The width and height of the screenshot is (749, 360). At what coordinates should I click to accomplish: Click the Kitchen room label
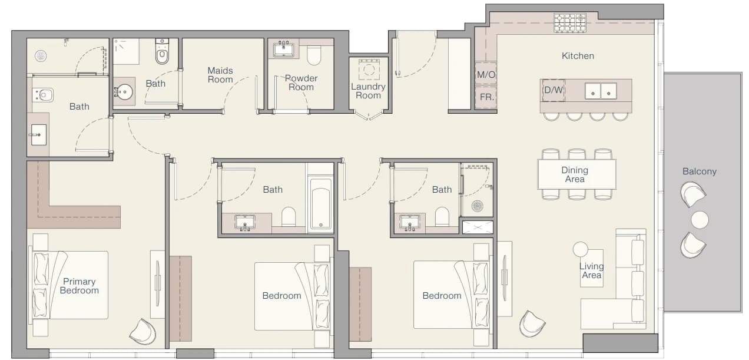pos(578,56)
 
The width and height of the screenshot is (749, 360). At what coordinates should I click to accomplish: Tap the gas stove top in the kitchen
pos(570,23)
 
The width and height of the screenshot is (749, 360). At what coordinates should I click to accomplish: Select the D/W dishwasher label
pos(554,90)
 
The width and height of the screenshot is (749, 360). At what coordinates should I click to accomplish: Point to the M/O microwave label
pos(486,74)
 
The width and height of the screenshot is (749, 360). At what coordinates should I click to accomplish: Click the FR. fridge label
pos(486,97)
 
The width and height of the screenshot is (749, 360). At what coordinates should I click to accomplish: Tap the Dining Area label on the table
pos(575,174)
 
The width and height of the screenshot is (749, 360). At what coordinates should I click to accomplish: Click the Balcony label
pos(699,171)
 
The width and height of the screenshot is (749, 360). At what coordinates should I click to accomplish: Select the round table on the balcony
pos(700,220)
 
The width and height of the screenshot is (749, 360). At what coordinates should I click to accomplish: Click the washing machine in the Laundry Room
pos(369,70)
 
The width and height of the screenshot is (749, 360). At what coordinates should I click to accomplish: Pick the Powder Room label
pos(301,82)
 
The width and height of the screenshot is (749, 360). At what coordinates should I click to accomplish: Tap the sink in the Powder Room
pos(284,49)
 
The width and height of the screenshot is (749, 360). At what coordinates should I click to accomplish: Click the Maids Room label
pos(220,75)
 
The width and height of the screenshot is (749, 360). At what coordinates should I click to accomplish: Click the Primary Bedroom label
pos(79,286)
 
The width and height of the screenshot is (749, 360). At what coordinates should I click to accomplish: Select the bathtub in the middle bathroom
pos(320,204)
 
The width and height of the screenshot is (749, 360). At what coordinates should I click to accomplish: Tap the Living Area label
pos(592,270)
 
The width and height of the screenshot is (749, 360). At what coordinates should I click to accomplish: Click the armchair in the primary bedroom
pos(142,332)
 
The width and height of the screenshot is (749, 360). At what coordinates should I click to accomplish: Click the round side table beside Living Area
pos(580,249)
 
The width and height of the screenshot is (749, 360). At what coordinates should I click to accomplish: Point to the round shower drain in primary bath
pos(41,56)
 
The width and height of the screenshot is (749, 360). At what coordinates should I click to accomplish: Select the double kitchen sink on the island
pos(601,91)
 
